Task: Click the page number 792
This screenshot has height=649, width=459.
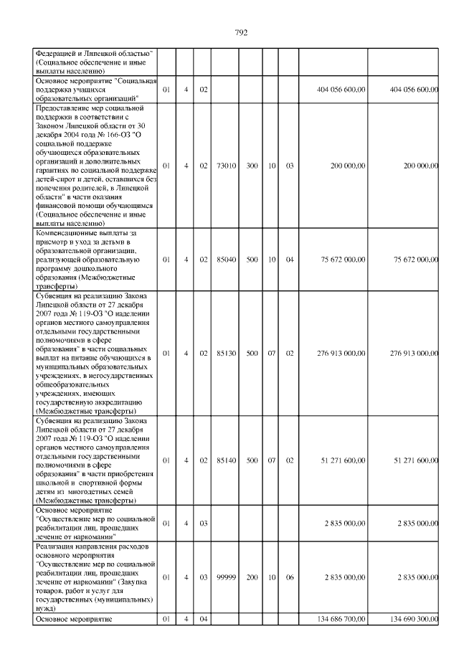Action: point(240,32)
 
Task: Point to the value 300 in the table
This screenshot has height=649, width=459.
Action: point(252,166)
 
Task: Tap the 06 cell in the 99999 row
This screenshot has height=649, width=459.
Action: point(290,577)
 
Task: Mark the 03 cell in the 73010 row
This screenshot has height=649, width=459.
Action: point(290,166)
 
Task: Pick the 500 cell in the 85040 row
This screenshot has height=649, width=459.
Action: point(252,260)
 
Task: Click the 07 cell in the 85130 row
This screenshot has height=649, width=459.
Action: point(272,353)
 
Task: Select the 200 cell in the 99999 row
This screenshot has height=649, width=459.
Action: point(252,577)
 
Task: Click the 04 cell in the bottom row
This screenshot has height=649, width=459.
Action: point(204,618)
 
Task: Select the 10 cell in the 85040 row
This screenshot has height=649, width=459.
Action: point(272,260)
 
